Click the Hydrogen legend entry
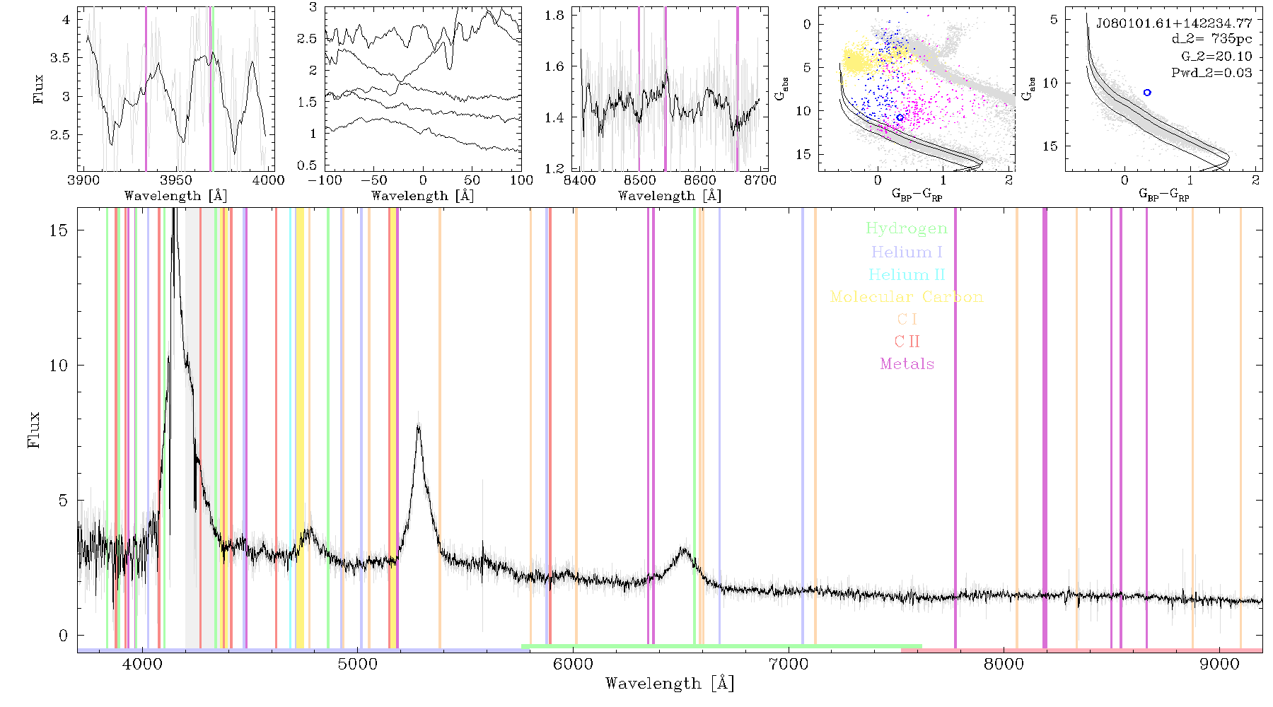[907, 228]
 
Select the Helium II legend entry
[907, 274]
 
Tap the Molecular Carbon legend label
[907, 297]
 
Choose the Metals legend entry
[907, 364]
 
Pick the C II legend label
[907, 341]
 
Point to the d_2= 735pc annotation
[1211, 40]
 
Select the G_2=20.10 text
[1216, 57]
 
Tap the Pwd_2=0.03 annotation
[1211, 73]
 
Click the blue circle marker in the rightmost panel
[1147, 93]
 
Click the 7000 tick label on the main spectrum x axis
[789, 665]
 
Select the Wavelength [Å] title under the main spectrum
[670, 684]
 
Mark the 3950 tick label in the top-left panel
[176, 180]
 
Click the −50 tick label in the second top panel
[374, 180]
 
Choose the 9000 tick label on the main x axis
[1219, 665]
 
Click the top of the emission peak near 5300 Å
[419, 425]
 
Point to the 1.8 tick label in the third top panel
[554, 16]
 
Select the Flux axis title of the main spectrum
[33, 430]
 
